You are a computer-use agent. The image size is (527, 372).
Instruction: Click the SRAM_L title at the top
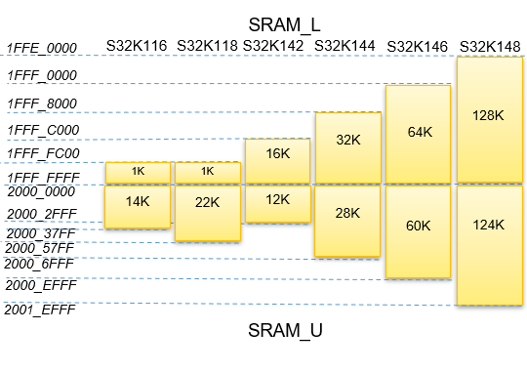285,24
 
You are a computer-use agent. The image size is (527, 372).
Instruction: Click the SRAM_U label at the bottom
285,331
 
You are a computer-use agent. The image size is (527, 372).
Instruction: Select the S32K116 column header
137,46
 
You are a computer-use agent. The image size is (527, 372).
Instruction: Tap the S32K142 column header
275,46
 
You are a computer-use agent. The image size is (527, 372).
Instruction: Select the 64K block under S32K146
418,133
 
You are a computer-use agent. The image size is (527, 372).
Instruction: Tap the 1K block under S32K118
207,172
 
